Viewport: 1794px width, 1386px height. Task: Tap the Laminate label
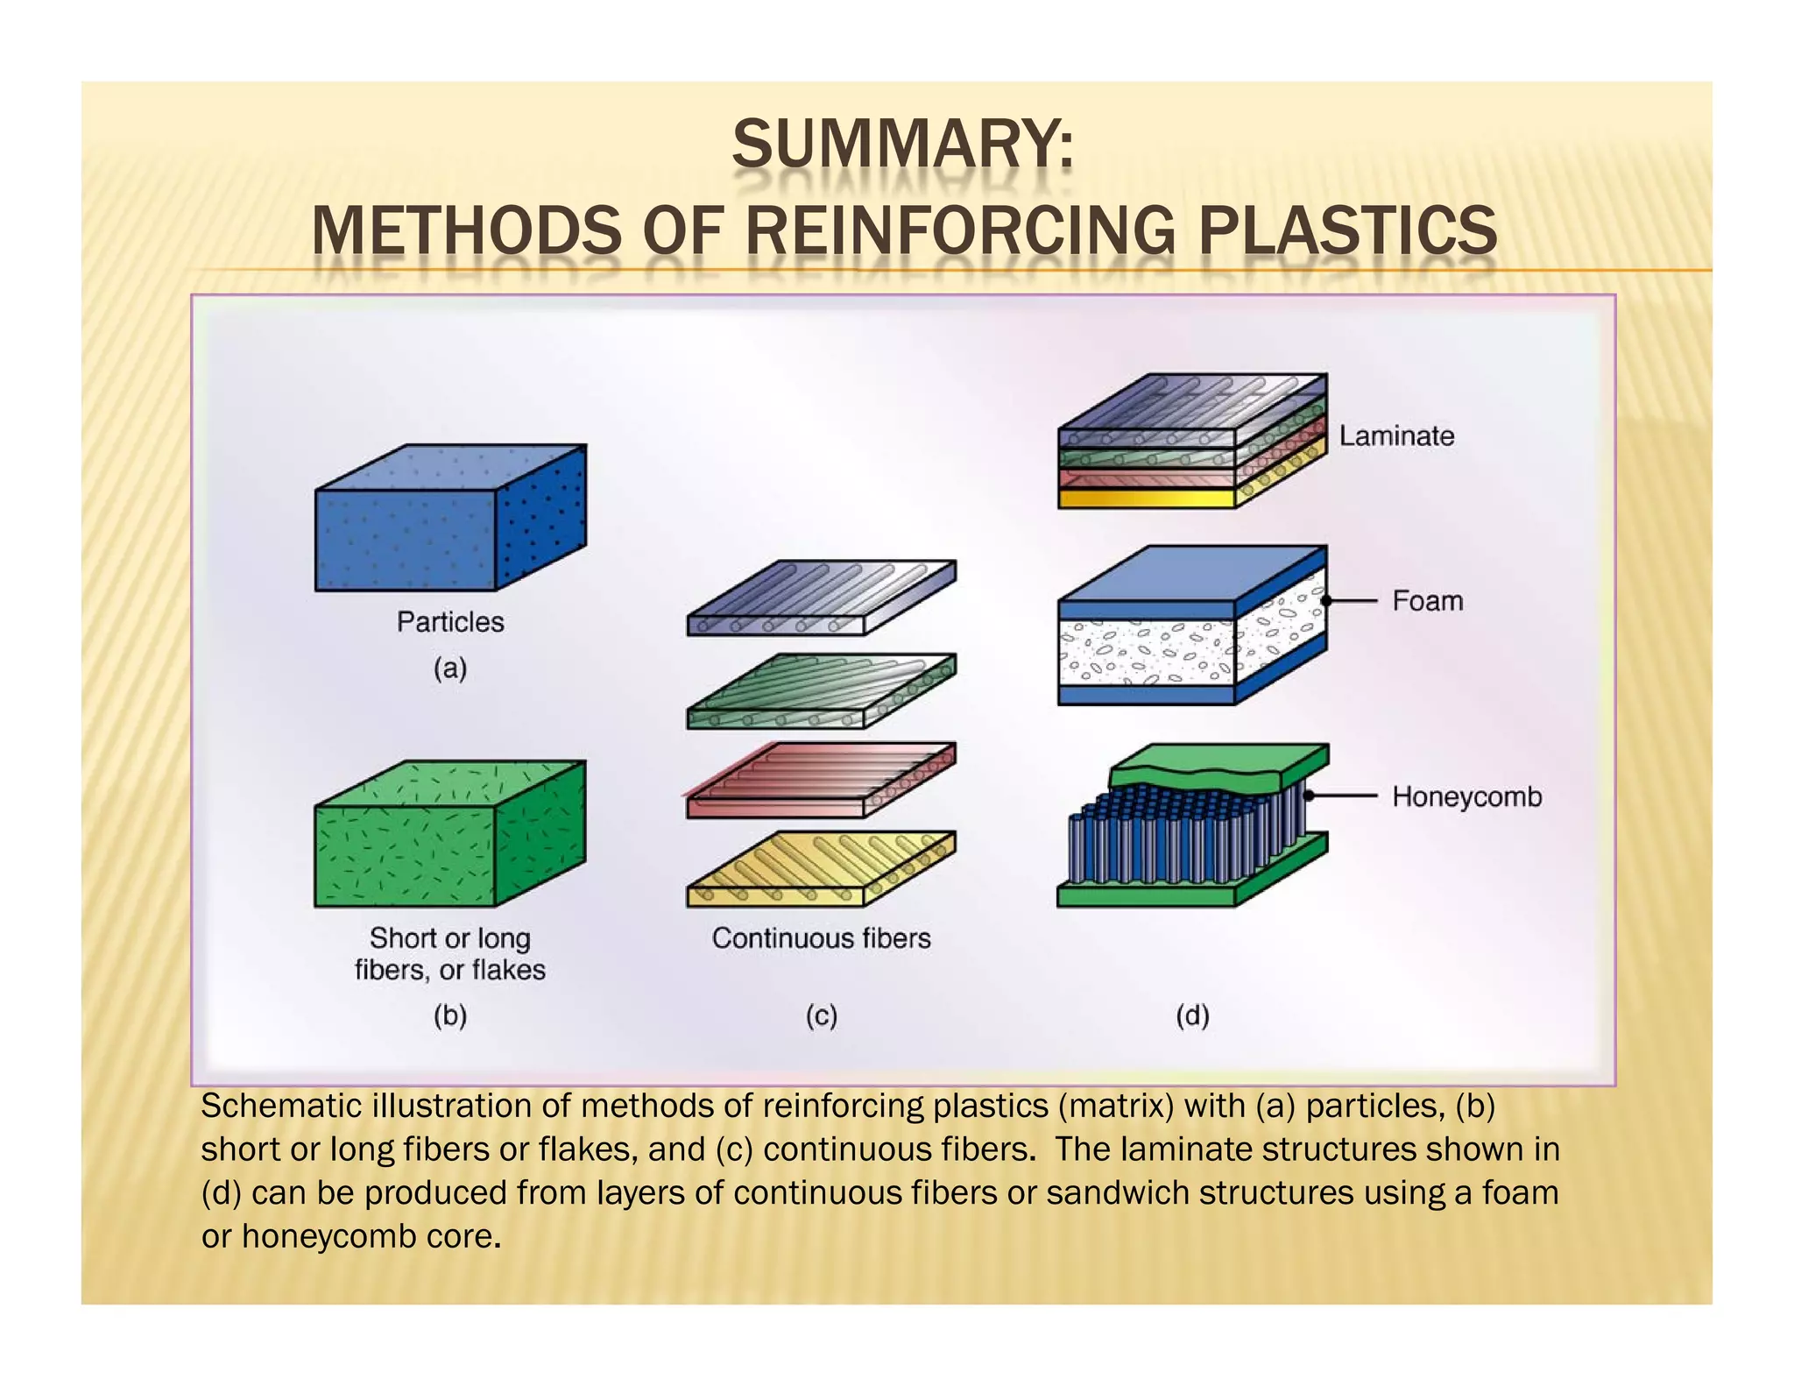click(x=1395, y=436)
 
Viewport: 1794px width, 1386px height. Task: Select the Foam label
click(x=1427, y=601)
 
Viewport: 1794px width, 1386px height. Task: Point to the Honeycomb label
click(x=1466, y=797)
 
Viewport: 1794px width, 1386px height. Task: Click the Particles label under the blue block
click(x=450, y=622)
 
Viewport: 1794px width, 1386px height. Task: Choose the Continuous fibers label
click(x=821, y=938)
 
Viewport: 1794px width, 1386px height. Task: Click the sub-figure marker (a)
click(x=450, y=668)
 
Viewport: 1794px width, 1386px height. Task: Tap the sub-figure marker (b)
click(x=450, y=1016)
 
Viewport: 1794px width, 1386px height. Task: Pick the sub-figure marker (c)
click(x=821, y=1016)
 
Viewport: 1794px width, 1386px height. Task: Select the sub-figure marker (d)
click(x=1192, y=1016)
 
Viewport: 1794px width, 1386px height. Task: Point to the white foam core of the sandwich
click(x=1148, y=653)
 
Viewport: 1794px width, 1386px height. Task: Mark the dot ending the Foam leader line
click(x=1326, y=601)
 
